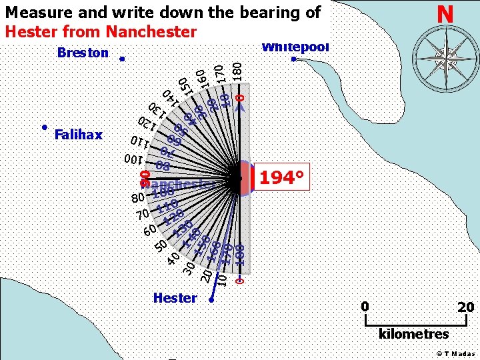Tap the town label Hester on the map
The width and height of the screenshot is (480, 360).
coord(175,298)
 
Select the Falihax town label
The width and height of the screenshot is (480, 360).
coord(79,135)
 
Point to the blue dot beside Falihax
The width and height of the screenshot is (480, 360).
coord(43,127)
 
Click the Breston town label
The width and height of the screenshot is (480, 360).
coord(83,53)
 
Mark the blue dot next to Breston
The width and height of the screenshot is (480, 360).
coord(121,59)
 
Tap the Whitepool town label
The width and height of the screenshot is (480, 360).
coord(295,47)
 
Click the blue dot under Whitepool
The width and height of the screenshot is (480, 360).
coord(293,59)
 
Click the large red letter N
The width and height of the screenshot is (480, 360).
coord(445,14)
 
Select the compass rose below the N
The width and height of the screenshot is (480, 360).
coord(445,56)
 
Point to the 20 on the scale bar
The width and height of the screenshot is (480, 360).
coord(466,307)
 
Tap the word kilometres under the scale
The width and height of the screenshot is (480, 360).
coord(413,333)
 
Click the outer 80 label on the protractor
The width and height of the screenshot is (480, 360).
coord(137,198)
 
